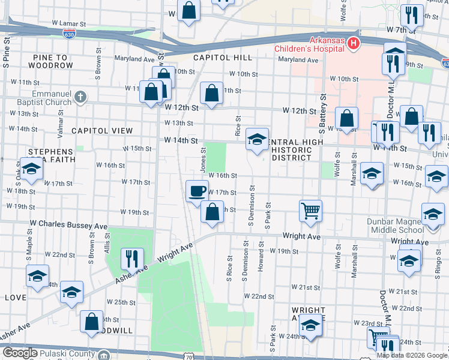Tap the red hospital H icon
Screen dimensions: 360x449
point(354,43)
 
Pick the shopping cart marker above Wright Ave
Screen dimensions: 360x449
point(310,211)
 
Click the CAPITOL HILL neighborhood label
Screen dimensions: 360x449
point(223,58)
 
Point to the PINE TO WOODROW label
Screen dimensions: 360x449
point(49,61)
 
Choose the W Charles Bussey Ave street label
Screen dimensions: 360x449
point(68,227)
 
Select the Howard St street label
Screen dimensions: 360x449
point(261,257)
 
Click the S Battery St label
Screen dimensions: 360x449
point(322,114)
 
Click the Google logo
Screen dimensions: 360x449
point(20,353)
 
